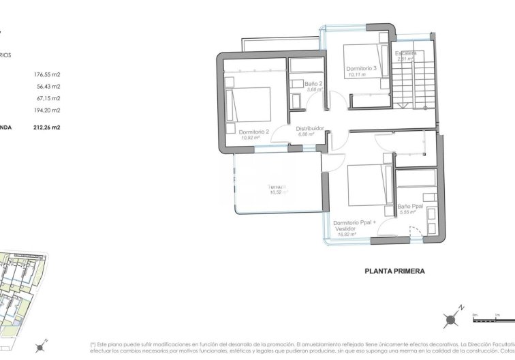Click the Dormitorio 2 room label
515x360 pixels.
[x=253, y=132]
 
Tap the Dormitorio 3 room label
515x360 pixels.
[x=362, y=68]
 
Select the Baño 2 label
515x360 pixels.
[x=314, y=83]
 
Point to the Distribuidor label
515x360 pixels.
[x=309, y=128]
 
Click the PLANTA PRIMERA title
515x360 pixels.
[x=395, y=271]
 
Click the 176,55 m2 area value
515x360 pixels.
[x=47, y=76]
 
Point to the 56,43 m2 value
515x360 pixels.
[x=47, y=87]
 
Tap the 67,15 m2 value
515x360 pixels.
[x=47, y=98]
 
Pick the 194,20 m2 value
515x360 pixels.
[x=47, y=110]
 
